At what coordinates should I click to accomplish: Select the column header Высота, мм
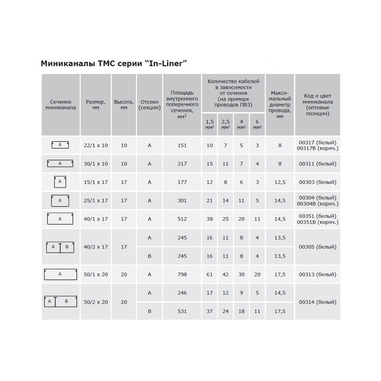[124, 105]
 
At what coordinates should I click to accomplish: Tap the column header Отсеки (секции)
[149, 105]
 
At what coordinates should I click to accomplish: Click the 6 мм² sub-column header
[257, 125]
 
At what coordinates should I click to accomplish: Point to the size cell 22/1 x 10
[96, 145]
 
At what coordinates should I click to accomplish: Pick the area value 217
[182, 164]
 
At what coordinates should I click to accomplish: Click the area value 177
[182, 182]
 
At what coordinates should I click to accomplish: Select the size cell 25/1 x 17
[96, 200]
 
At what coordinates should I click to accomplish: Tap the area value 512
[182, 219]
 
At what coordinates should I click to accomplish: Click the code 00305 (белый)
[317, 247]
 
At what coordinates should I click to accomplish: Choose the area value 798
[182, 274]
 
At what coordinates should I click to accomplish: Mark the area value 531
[182, 311]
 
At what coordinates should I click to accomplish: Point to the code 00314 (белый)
[317, 302]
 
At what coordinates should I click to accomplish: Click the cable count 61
[209, 274]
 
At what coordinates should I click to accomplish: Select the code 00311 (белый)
[317, 164]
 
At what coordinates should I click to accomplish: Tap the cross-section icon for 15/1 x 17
[60, 182]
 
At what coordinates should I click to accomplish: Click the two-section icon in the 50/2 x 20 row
[60, 301]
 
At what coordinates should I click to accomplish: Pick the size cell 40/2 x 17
[96, 247]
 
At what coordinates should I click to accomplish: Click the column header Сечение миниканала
[61, 105]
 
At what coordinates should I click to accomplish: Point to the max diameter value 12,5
[280, 182]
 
